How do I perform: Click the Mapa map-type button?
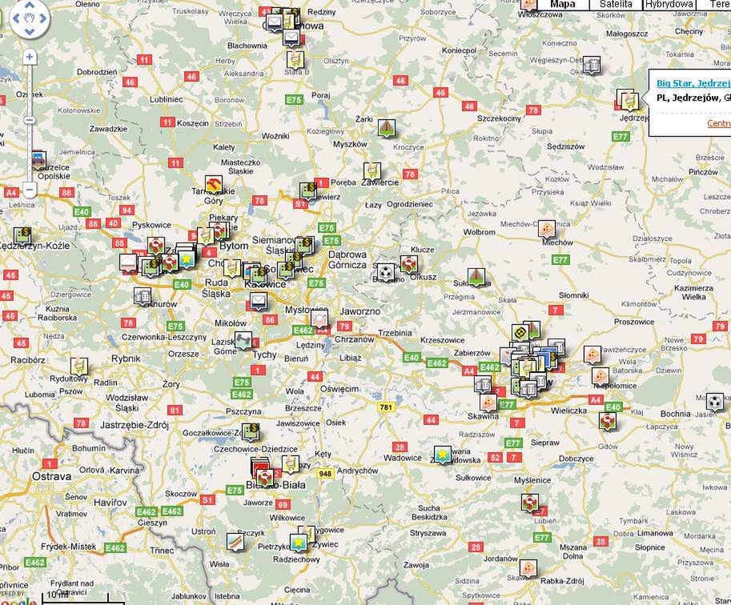(563, 4)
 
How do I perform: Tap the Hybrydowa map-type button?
(669, 4)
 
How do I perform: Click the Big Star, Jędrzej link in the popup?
(693, 83)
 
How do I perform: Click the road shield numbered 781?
(387, 407)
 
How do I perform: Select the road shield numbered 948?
(325, 474)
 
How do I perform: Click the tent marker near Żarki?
(387, 127)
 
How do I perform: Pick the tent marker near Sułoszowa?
(477, 276)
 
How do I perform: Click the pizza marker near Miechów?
(546, 229)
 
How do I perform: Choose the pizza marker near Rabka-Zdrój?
(528, 568)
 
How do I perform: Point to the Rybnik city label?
(126, 359)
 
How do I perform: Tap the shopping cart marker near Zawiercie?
(372, 170)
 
